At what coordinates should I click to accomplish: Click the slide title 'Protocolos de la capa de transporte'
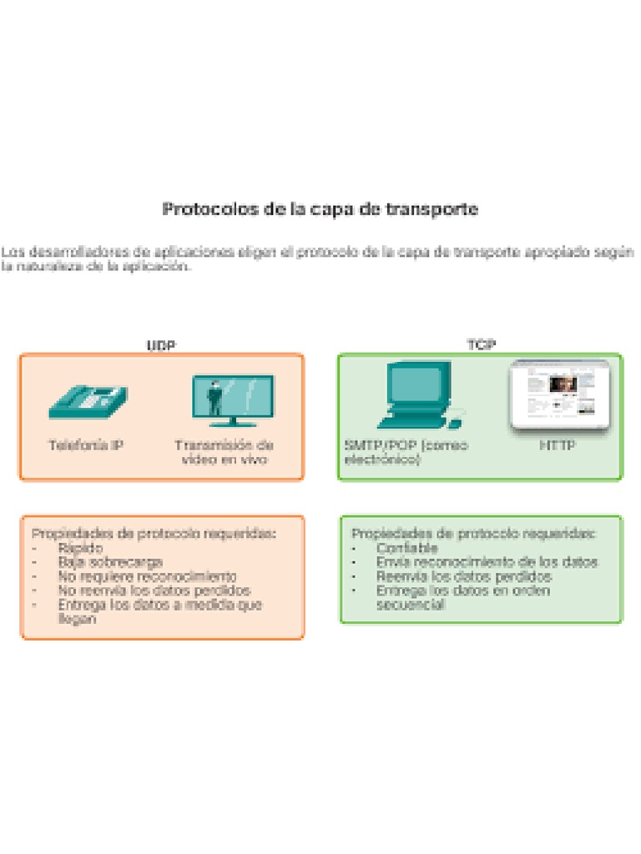(320, 209)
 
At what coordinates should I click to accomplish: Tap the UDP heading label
(161, 345)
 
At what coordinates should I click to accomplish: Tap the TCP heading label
(481, 345)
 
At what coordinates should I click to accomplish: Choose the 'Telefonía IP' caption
(86, 445)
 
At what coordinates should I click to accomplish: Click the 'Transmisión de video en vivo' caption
(225, 452)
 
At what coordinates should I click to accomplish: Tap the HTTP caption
(558, 445)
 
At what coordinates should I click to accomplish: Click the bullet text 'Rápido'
(81, 548)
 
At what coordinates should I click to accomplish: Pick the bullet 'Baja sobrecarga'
(110, 562)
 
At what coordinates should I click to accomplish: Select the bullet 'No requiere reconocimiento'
(147, 576)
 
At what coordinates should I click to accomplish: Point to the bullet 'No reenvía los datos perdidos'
(154, 590)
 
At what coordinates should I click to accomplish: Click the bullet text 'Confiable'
(406, 548)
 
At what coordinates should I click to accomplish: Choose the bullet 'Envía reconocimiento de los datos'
(487, 562)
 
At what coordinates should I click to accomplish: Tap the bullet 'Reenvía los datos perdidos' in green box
(463, 576)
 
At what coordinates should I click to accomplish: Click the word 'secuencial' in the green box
(410, 605)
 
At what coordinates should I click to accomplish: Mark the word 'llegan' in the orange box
(77, 619)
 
